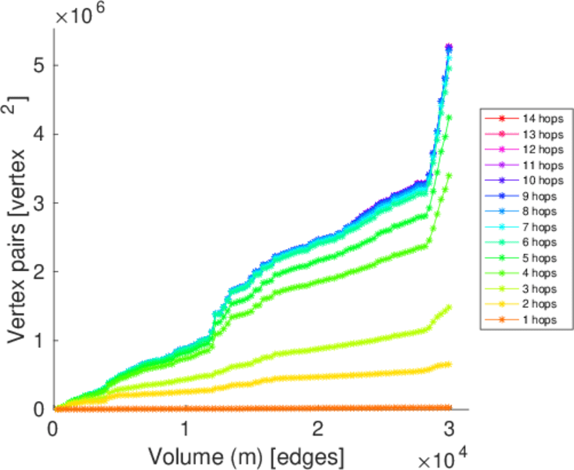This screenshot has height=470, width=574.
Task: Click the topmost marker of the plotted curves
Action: click(449, 47)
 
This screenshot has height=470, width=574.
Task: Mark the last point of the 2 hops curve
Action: click(449, 364)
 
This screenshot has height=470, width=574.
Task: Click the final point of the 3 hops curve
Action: click(449, 307)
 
